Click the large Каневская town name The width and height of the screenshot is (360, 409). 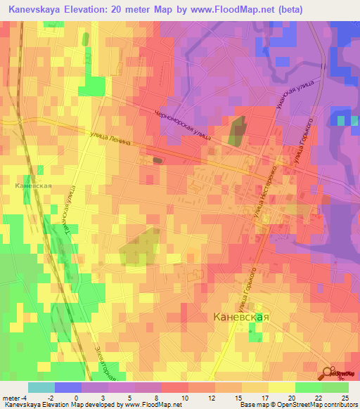pos(240,317)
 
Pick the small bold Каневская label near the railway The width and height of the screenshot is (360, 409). pos(32,187)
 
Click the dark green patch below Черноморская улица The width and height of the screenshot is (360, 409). pos(238,131)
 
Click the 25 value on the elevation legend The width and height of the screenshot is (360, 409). pos(345,397)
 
